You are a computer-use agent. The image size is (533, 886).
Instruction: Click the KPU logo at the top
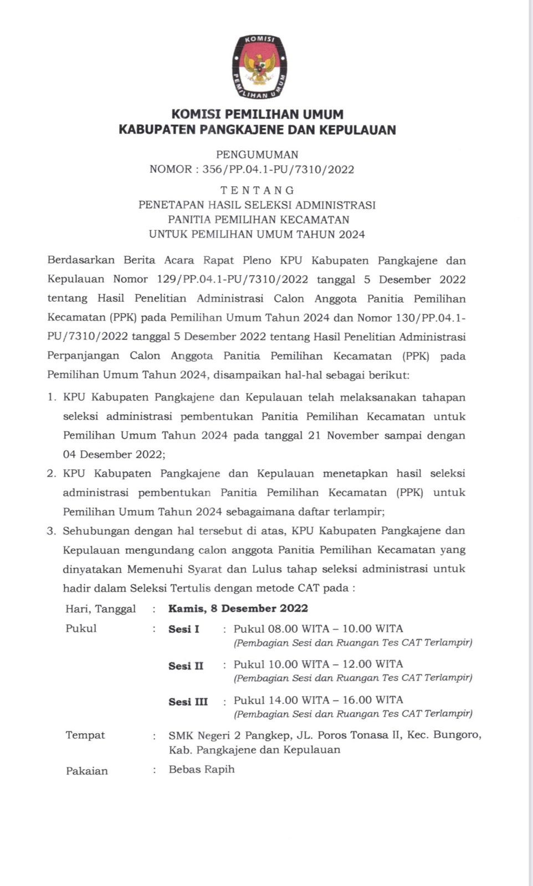(258, 67)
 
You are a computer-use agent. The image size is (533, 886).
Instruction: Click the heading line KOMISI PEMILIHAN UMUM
(258, 115)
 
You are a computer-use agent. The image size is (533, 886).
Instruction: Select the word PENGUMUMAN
(257, 154)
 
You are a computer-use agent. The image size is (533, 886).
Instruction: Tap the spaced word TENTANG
(257, 190)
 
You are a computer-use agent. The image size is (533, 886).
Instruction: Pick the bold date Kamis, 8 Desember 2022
(238, 608)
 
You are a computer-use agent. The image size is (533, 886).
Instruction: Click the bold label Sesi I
(184, 629)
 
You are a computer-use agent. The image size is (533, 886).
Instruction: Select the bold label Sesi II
(186, 666)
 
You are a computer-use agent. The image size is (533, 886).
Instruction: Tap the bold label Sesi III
(188, 702)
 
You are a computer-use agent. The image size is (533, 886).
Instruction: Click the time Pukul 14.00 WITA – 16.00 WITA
(318, 700)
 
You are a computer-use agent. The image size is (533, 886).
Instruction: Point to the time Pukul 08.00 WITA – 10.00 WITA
(318, 629)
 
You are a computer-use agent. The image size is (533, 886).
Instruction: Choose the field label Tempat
(85, 735)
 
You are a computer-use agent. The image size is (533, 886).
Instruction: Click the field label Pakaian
(87, 771)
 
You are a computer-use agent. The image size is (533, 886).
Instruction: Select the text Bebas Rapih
(202, 769)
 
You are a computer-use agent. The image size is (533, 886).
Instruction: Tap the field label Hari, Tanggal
(101, 609)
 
